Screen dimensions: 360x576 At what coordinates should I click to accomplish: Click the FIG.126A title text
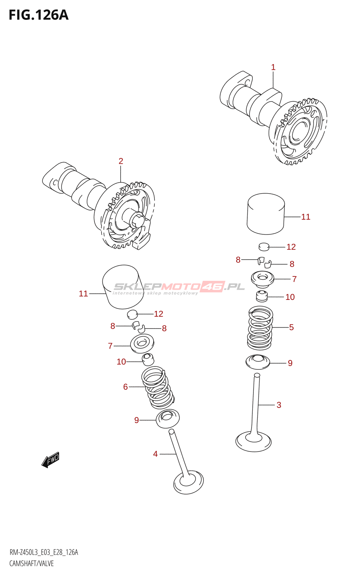[x=39, y=15]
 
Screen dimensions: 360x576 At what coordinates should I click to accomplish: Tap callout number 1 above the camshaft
[x=273, y=67]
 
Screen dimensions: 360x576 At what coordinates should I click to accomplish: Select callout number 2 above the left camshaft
[x=121, y=161]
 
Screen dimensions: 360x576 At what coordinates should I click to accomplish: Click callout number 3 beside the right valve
[x=279, y=405]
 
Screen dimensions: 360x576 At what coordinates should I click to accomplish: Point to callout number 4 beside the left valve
[x=155, y=454]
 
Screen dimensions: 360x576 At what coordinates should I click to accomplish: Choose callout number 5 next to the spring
[x=291, y=327]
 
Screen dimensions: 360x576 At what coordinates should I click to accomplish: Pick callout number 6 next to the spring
[x=126, y=387]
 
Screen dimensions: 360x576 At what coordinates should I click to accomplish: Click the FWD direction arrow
[x=51, y=460]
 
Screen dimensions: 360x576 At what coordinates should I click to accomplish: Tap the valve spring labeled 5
[x=260, y=328]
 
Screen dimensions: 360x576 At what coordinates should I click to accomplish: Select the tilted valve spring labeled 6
[x=158, y=387]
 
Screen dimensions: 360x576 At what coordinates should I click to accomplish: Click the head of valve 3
[x=253, y=441]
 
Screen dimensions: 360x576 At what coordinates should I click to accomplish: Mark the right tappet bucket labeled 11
[x=266, y=214]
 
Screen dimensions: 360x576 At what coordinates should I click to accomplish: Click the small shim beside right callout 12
[x=264, y=246]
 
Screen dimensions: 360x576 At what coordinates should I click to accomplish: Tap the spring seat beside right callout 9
[x=258, y=362]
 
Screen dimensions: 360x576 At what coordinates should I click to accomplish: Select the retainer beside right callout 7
[x=262, y=279]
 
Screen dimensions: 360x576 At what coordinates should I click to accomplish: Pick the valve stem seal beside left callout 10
[x=148, y=360]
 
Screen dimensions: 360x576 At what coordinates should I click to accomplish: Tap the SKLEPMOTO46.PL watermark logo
[x=179, y=288]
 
